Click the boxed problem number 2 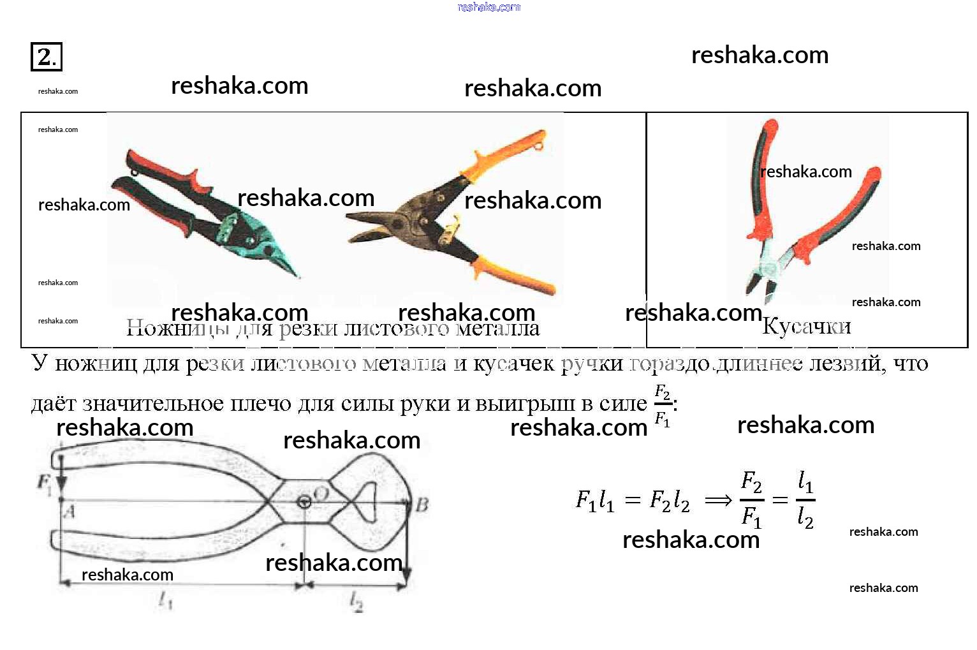coord(46,57)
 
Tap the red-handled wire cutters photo coord(807,211)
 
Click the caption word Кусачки coord(806,327)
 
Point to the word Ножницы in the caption coord(177,328)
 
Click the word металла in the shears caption coord(498,328)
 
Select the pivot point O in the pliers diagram coord(305,501)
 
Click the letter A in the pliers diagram coord(70,511)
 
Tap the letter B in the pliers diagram coord(422,505)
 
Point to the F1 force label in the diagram coord(44,482)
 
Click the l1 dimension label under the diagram coord(165,600)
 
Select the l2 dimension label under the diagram coord(356,600)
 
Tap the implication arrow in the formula coord(718,501)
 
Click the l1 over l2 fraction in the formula coord(805,500)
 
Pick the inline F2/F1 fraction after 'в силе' coord(663,405)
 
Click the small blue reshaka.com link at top coord(488,7)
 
